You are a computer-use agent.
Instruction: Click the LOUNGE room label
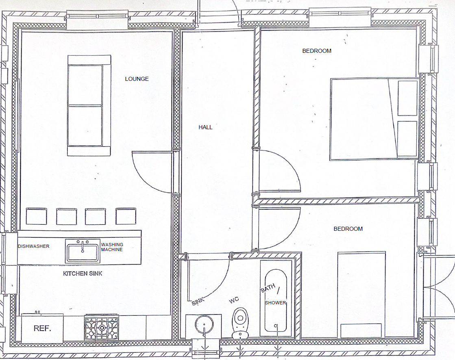tap(137, 79)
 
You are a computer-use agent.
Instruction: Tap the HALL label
tap(205, 127)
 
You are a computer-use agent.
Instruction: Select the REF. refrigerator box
tap(42, 328)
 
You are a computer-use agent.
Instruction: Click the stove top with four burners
tap(101, 328)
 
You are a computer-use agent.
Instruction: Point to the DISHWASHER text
tap(33, 246)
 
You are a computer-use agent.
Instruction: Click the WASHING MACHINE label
tap(112, 247)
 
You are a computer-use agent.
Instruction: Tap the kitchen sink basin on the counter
tap(83, 251)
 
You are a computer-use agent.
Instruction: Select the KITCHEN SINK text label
tap(83, 273)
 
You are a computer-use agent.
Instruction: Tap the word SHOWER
tap(275, 303)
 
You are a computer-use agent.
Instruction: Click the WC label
tap(234, 300)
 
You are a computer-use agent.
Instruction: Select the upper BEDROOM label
tap(317, 51)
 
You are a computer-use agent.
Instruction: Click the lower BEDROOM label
tap(348, 229)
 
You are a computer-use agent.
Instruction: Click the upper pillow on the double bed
tap(407, 98)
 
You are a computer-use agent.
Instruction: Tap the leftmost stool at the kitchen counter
tap(34, 216)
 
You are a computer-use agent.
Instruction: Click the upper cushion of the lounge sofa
tap(85, 85)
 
